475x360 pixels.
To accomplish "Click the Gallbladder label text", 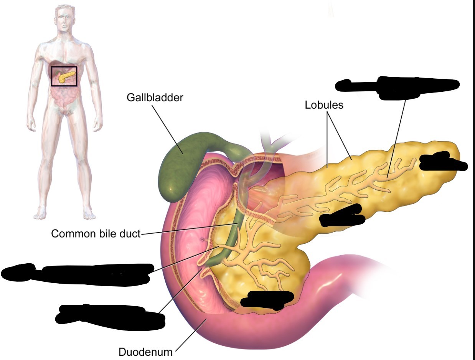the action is [155, 97].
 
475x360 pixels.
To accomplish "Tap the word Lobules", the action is [324, 105].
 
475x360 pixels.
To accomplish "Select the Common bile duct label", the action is [96, 233].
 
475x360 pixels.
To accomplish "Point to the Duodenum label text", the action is [145, 352].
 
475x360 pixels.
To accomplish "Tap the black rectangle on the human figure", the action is [64, 76].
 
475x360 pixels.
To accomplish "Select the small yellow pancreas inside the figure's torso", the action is [64, 77].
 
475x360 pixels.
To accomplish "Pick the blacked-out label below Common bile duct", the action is [77, 273].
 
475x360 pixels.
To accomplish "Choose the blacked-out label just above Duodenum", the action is [109, 314].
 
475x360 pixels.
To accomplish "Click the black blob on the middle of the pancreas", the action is [341, 216].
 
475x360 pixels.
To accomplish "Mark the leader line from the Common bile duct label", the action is [188, 229].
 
